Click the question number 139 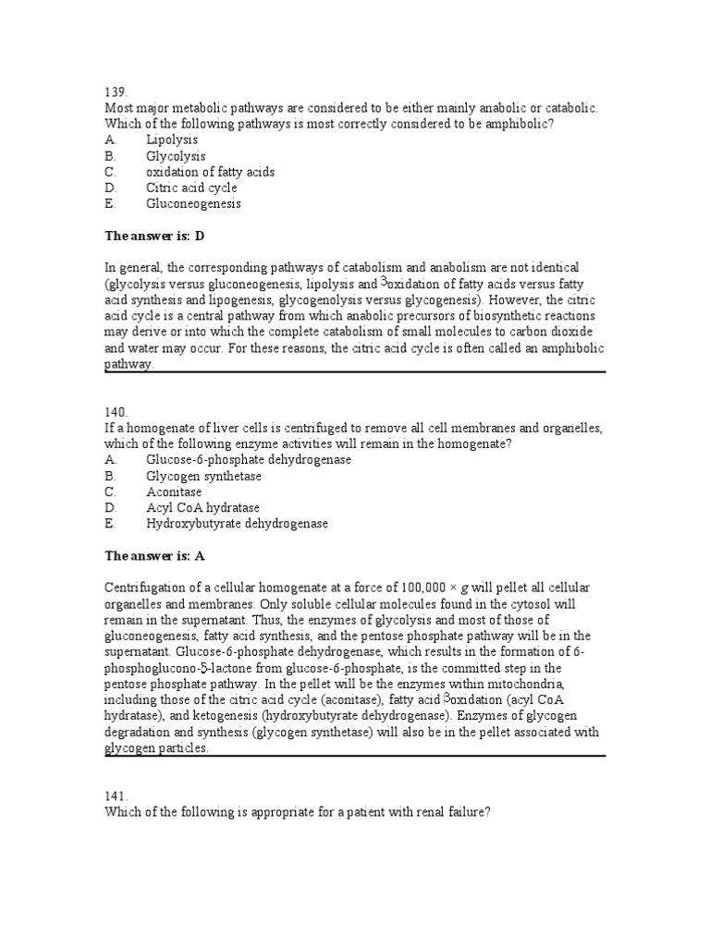[x=116, y=93]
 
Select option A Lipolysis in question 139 [x=172, y=140]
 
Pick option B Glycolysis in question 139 [x=176, y=156]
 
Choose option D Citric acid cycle [x=191, y=188]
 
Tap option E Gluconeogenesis [x=193, y=203]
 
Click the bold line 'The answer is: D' [x=153, y=236]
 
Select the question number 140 [x=116, y=412]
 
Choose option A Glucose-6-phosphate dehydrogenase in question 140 [x=248, y=459]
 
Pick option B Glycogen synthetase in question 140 [x=203, y=476]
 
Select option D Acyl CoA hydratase [x=202, y=507]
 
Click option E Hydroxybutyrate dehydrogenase [x=237, y=523]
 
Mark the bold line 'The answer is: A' [x=153, y=555]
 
